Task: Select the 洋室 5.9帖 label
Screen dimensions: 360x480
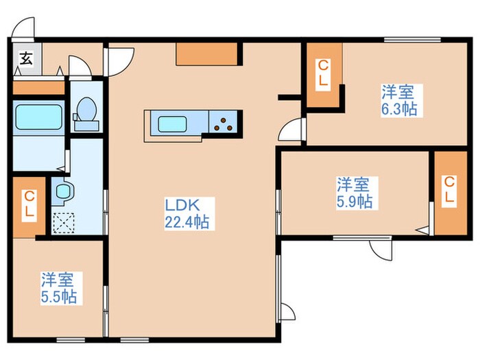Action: (x=354, y=193)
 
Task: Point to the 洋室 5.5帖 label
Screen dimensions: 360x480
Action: (x=58, y=288)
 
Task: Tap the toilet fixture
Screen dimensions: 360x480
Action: (x=86, y=112)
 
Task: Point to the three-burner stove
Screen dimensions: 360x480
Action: (x=224, y=124)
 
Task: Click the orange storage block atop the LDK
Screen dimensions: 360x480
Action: (x=206, y=53)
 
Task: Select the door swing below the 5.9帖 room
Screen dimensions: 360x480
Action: (x=379, y=248)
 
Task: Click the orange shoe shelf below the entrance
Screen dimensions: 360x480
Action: (x=38, y=88)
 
